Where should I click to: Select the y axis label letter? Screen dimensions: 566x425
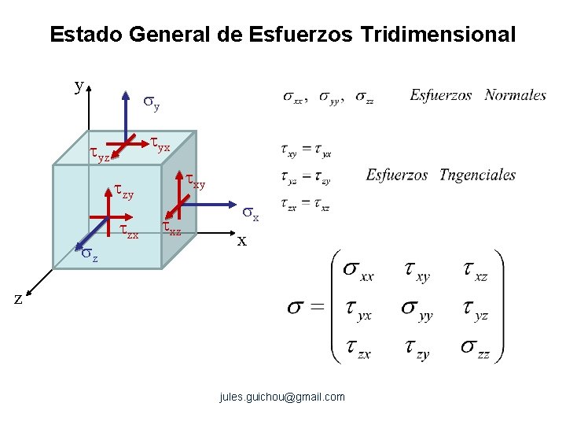click(79, 86)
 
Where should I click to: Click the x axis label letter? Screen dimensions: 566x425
click(242, 240)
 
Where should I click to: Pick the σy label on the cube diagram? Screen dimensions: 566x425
click(152, 102)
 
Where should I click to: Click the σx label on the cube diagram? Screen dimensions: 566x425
click(250, 213)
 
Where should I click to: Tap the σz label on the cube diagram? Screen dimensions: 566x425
click(90, 254)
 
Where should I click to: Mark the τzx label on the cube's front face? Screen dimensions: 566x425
click(129, 231)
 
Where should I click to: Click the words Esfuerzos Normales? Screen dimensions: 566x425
click(477, 95)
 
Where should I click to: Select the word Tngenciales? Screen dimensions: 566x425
click(477, 175)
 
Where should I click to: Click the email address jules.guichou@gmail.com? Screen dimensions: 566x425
click(282, 397)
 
